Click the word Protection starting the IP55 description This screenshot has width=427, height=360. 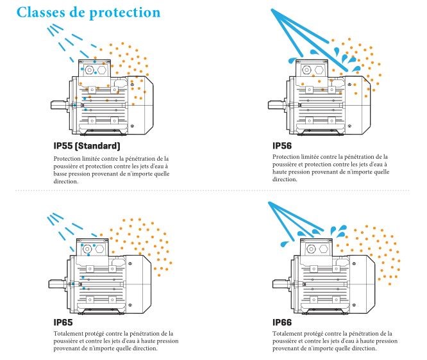(67, 158)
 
